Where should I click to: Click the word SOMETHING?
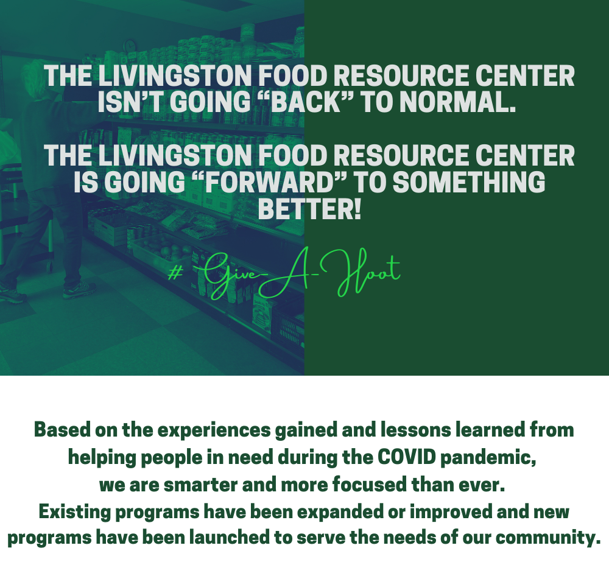click(469, 182)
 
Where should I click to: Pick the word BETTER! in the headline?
click(309, 209)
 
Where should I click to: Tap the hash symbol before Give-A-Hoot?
click(175, 273)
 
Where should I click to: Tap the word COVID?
click(407, 457)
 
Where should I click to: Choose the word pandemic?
click(488, 457)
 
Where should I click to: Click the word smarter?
click(200, 485)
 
